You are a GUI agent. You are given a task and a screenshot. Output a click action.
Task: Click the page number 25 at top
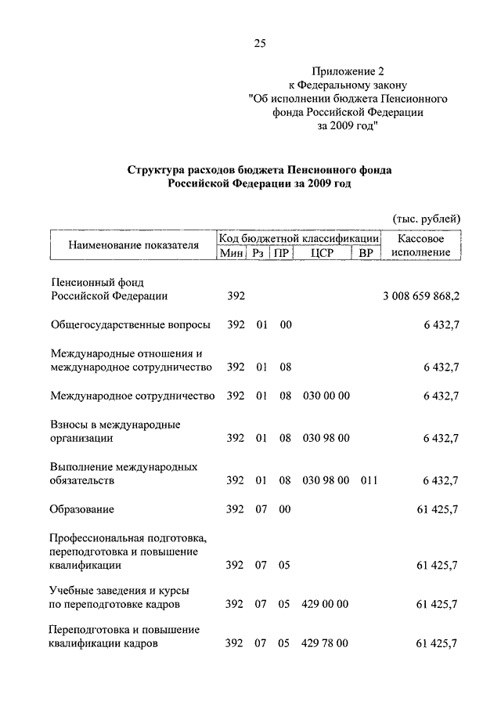pyautogui.click(x=260, y=44)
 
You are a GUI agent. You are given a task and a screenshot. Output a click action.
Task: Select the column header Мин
pyautogui.click(x=232, y=252)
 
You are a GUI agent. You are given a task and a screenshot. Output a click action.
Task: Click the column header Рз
pyautogui.click(x=258, y=252)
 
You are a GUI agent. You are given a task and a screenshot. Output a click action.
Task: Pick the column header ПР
pyautogui.click(x=280, y=252)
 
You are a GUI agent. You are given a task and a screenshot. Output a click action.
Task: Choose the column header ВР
pyautogui.click(x=365, y=252)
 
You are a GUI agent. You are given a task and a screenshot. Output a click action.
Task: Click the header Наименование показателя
pyautogui.click(x=134, y=245)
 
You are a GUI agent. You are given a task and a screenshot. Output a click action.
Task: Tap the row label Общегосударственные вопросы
pyautogui.click(x=130, y=324)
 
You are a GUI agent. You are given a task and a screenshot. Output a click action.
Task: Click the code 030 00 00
pyautogui.click(x=326, y=396)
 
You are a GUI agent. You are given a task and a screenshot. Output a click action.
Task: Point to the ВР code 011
pyautogui.click(x=369, y=480)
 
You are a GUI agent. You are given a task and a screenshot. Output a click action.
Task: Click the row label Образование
pyautogui.click(x=82, y=509)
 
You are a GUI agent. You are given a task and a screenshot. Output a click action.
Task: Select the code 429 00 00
pyautogui.click(x=326, y=603)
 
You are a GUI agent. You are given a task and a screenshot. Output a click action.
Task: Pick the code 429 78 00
pyautogui.click(x=326, y=643)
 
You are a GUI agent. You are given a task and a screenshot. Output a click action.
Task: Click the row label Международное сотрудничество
pyautogui.click(x=132, y=396)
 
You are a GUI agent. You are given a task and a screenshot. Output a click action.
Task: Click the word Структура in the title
pyautogui.click(x=153, y=169)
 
